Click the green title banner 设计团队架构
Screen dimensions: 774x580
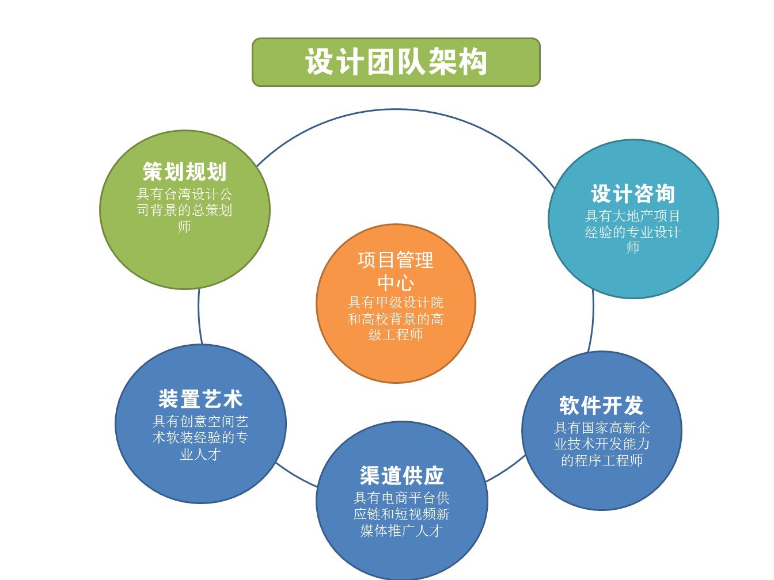pyautogui.click(x=396, y=62)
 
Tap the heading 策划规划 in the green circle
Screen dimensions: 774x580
pyautogui.click(x=184, y=171)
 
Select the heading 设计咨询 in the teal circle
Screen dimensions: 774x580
pyautogui.click(x=633, y=194)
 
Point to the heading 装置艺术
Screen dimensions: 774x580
pyautogui.click(x=200, y=399)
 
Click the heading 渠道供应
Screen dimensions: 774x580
pyautogui.click(x=401, y=475)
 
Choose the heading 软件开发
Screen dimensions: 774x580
pyautogui.click(x=602, y=405)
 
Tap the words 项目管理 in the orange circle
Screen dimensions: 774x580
pyautogui.click(x=396, y=260)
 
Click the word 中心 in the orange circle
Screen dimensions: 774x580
pyautogui.click(x=396, y=283)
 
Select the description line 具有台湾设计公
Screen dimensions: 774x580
pyautogui.click(x=184, y=194)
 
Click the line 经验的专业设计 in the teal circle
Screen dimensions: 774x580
pyautogui.click(x=633, y=232)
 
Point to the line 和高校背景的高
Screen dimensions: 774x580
pyautogui.click(x=396, y=319)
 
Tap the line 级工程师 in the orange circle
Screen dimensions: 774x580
pyautogui.click(x=396, y=334)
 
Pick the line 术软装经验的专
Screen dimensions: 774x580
pyautogui.click(x=200, y=438)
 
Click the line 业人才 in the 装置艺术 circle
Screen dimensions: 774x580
pyautogui.click(x=200, y=455)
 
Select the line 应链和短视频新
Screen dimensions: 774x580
pyautogui.click(x=401, y=514)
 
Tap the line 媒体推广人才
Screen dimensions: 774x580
pyautogui.click(x=401, y=531)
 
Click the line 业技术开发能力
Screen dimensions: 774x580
pyautogui.click(x=602, y=444)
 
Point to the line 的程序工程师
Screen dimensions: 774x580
pyautogui.click(x=602, y=460)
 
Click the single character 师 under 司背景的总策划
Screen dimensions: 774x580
pyautogui.click(x=184, y=227)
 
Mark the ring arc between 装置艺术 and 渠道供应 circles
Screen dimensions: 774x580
pyautogui.click(x=295, y=476)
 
